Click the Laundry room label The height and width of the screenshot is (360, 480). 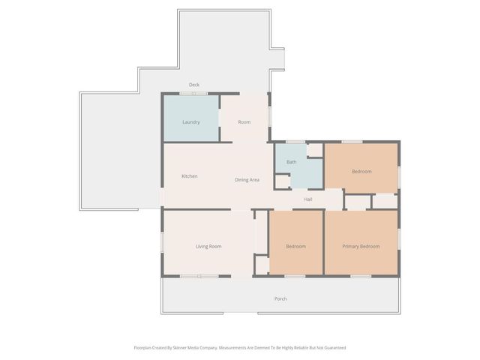pos(191,121)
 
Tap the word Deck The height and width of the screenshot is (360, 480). pos(193,85)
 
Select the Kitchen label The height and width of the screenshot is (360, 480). pos(190,176)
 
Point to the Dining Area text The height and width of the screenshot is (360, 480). pos(247,180)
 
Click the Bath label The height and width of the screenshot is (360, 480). pos(291,162)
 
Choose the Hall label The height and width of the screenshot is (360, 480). pos(307,199)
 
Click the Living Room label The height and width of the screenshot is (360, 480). pos(208,246)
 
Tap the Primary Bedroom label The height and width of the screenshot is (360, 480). pos(361,246)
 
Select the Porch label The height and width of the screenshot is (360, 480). pos(280,298)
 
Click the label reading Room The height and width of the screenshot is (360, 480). pos(244,121)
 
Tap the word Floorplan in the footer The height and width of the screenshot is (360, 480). pos(145,347)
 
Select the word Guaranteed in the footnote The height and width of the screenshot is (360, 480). pos(333,347)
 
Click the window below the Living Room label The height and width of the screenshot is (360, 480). pos(199,276)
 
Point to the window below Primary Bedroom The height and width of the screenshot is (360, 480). pos(361,276)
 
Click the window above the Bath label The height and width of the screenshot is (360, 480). pos(295,141)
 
